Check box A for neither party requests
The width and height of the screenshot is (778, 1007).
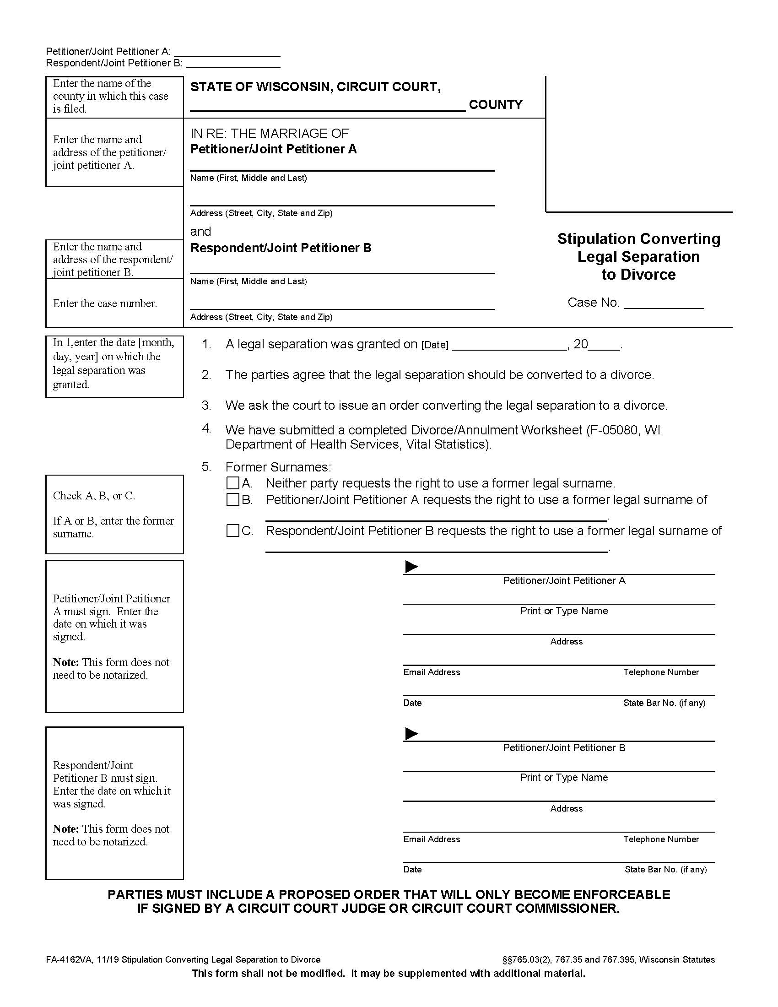(233, 483)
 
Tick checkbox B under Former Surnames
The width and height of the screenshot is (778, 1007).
(233, 499)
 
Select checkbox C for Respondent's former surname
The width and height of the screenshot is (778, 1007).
(233, 531)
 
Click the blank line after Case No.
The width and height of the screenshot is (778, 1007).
(663, 304)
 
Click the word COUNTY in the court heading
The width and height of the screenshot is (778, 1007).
(496, 105)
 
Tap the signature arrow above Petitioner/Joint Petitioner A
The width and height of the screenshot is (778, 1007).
(411, 567)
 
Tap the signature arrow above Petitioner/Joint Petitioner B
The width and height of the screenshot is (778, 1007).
(411, 733)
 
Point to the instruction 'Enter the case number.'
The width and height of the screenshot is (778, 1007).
(105, 303)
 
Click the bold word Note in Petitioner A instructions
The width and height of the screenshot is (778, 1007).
(65, 662)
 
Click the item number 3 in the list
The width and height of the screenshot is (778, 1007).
(206, 405)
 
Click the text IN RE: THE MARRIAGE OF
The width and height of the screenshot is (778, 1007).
(269, 134)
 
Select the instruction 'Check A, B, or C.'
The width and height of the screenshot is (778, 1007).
(93, 496)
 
